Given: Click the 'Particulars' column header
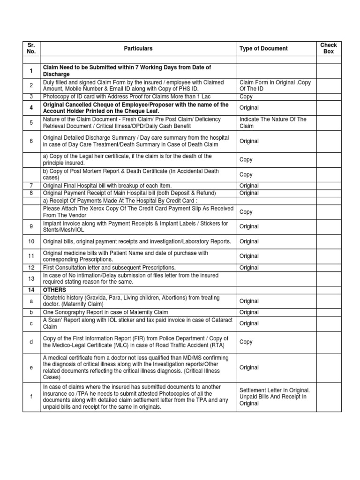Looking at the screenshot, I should pyautogui.click(x=138, y=48).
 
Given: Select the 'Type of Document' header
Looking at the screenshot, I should pyautogui.click(x=263, y=48).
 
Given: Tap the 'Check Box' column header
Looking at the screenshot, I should pyautogui.click(x=329, y=48).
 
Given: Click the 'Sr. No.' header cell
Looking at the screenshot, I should pyautogui.click(x=31, y=48).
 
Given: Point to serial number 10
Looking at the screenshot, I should pyautogui.click(x=31, y=241).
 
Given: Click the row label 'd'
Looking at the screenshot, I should pyautogui.click(x=31, y=342).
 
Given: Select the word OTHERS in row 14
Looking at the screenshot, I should pyautogui.click(x=54, y=290).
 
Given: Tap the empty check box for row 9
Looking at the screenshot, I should pyautogui.click(x=329, y=226).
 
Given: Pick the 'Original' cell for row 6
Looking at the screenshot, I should pyautogui.click(x=249, y=141).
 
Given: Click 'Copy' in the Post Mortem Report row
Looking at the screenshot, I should pyautogui.click(x=246, y=174).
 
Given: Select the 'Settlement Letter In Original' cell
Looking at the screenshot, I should pyautogui.click(x=275, y=397).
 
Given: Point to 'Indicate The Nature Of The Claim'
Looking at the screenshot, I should pyautogui.click(x=273, y=123).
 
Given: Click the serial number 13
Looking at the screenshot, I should pyautogui.click(x=31, y=279).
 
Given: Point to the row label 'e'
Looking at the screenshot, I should pyautogui.click(x=31, y=368).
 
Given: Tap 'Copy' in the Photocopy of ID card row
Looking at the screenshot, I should pyautogui.click(x=246, y=97).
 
